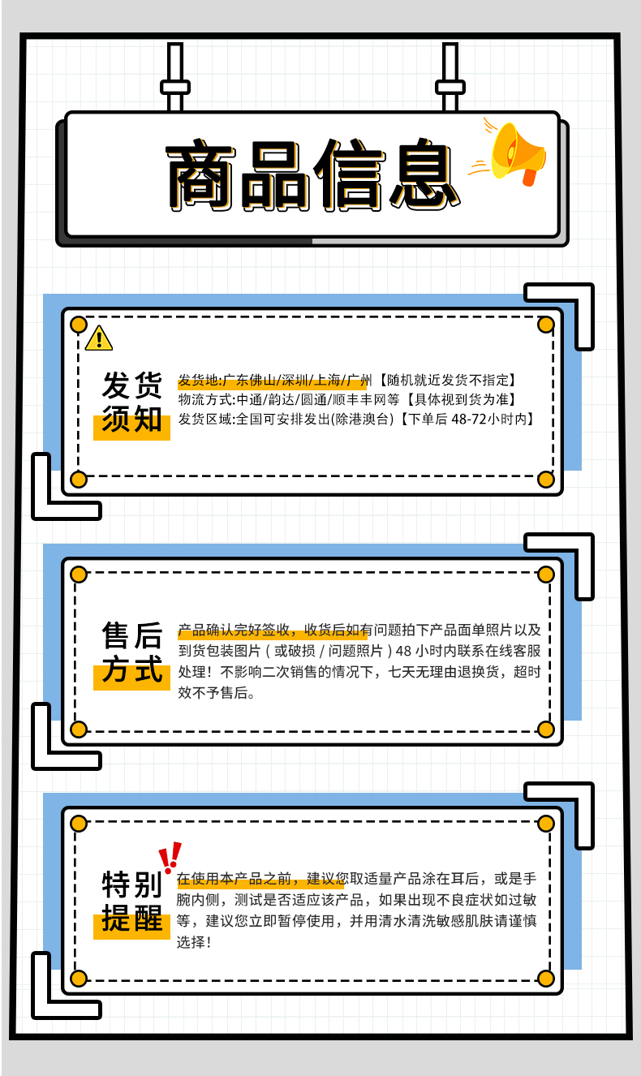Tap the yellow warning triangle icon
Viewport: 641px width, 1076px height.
(x=98, y=338)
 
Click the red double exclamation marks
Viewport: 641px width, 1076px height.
(x=170, y=857)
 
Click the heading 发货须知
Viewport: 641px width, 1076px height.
(x=131, y=402)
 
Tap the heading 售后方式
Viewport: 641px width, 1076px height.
(x=131, y=653)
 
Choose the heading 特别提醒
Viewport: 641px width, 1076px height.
(x=131, y=902)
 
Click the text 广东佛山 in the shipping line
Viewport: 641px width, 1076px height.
(x=248, y=380)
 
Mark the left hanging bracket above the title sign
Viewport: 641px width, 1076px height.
(x=174, y=78)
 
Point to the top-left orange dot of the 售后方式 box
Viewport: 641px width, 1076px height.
(x=79, y=575)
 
